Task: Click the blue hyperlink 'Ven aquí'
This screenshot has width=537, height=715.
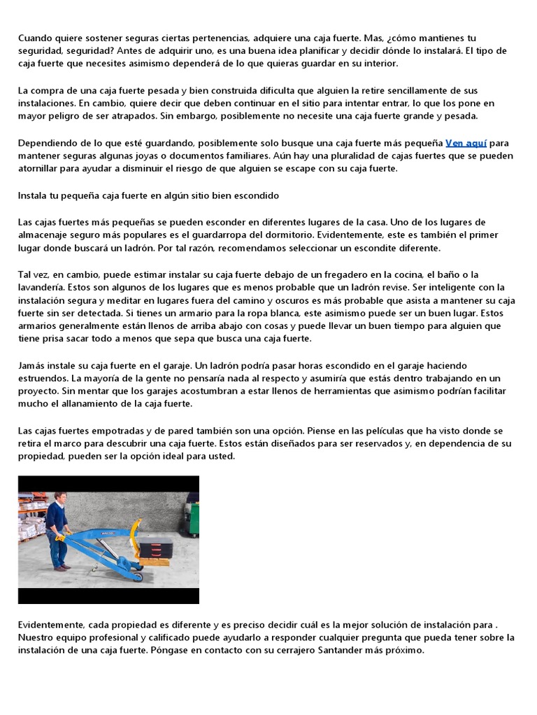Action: (466, 142)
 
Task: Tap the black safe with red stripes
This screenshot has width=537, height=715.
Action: (157, 542)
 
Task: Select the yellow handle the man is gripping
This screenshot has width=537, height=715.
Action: (61, 538)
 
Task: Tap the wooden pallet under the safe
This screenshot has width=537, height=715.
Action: (155, 560)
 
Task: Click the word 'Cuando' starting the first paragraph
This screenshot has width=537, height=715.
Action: (36, 38)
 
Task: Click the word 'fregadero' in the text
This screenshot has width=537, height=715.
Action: (329, 274)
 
